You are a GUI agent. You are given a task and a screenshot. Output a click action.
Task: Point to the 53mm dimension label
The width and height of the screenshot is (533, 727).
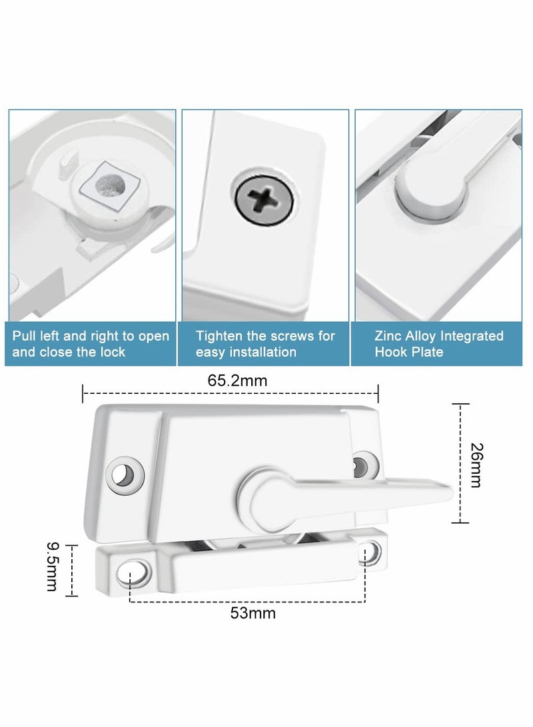coord(253,613)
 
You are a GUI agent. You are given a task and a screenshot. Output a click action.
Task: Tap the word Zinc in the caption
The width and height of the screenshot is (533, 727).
coord(388,336)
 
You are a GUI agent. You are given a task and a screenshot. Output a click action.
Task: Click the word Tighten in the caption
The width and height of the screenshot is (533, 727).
coord(222,336)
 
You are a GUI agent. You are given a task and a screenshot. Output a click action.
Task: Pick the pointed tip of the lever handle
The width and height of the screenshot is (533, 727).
coord(450,492)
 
